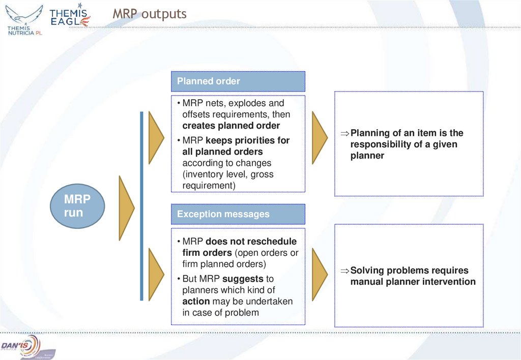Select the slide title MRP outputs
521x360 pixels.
pyautogui.click(x=150, y=14)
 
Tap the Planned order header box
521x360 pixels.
pyautogui.click(x=238, y=81)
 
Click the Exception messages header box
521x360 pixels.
pyautogui.click(x=238, y=214)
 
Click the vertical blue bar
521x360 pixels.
pyautogui.click(x=142, y=206)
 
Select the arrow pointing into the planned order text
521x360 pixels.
pyautogui.click(x=155, y=137)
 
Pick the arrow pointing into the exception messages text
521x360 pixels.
pyautogui.click(x=155, y=275)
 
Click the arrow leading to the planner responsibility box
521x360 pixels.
pyautogui.click(x=319, y=137)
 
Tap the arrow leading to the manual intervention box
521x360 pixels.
pyautogui.click(x=319, y=275)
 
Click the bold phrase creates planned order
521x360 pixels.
pyautogui.click(x=231, y=126)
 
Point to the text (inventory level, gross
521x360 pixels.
pyautogui.click(x=227, y=174)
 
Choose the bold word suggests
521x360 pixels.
pyautogui.click(x=243, y=279)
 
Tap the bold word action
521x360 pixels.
pyautogui.click(x=196, y=301)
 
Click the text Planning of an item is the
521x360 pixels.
pyautogui.click(x=407, y=133)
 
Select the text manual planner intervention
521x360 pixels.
pyautogui.click(x=413, y=282)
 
